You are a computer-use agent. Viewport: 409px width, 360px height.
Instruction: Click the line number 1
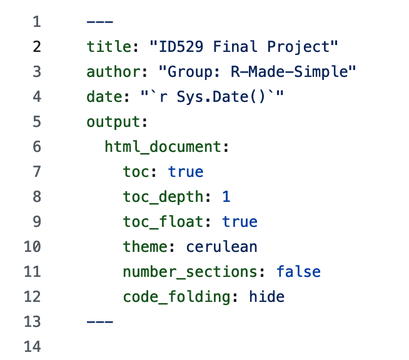(x=36, y=22)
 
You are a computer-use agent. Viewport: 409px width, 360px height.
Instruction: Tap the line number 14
(x=32, y=347)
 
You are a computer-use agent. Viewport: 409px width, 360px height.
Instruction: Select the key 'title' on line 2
(x=104, y=47)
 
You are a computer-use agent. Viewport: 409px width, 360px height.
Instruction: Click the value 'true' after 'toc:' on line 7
(x=186, y=172)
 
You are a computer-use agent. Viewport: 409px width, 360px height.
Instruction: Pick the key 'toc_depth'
(x=163, y=197)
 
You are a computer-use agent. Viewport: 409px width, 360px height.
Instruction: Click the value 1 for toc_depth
(x=226, y=197)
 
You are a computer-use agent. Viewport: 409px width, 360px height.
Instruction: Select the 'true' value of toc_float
(x=240, y=222)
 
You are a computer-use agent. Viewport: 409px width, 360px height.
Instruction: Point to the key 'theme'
(x=145, y=247)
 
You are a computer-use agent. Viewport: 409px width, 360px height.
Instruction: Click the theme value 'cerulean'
(x=222, y=247)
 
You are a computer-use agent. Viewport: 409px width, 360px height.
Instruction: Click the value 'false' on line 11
(x=298, y=272)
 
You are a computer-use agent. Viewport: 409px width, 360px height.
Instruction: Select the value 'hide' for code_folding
(x=267, y=297)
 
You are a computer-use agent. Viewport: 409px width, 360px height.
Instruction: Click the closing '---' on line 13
(x=100, y=322)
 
